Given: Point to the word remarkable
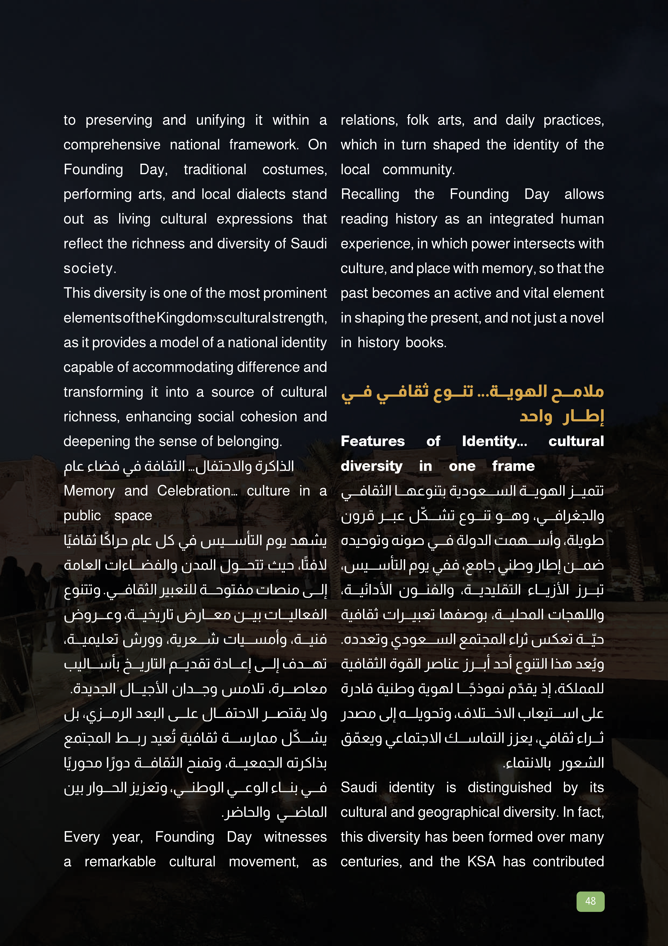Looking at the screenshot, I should [120, 862].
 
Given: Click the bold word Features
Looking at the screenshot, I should [372, 441].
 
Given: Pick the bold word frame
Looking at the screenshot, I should [513, 466].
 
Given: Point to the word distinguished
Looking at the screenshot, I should [509, 787].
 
